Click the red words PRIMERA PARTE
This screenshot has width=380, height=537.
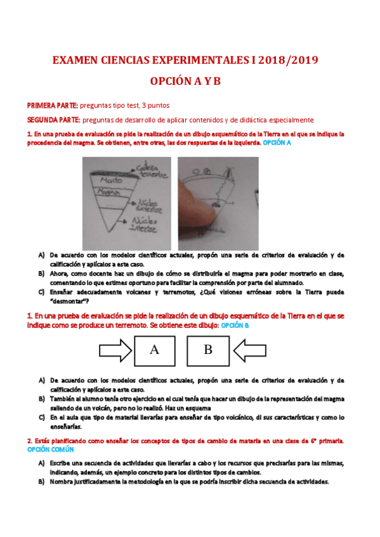point(53,105)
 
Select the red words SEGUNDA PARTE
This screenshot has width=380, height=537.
point(53,120)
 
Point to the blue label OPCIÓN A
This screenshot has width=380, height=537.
point(277,143)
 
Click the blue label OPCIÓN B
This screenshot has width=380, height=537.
point(234,325)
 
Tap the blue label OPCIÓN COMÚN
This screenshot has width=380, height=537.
point(51,449)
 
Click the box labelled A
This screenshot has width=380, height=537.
point(154,350)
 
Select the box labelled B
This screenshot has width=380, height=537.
point(207,350)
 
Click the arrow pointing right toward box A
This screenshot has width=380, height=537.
point(115,350)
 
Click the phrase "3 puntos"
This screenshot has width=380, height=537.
point(156,105)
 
